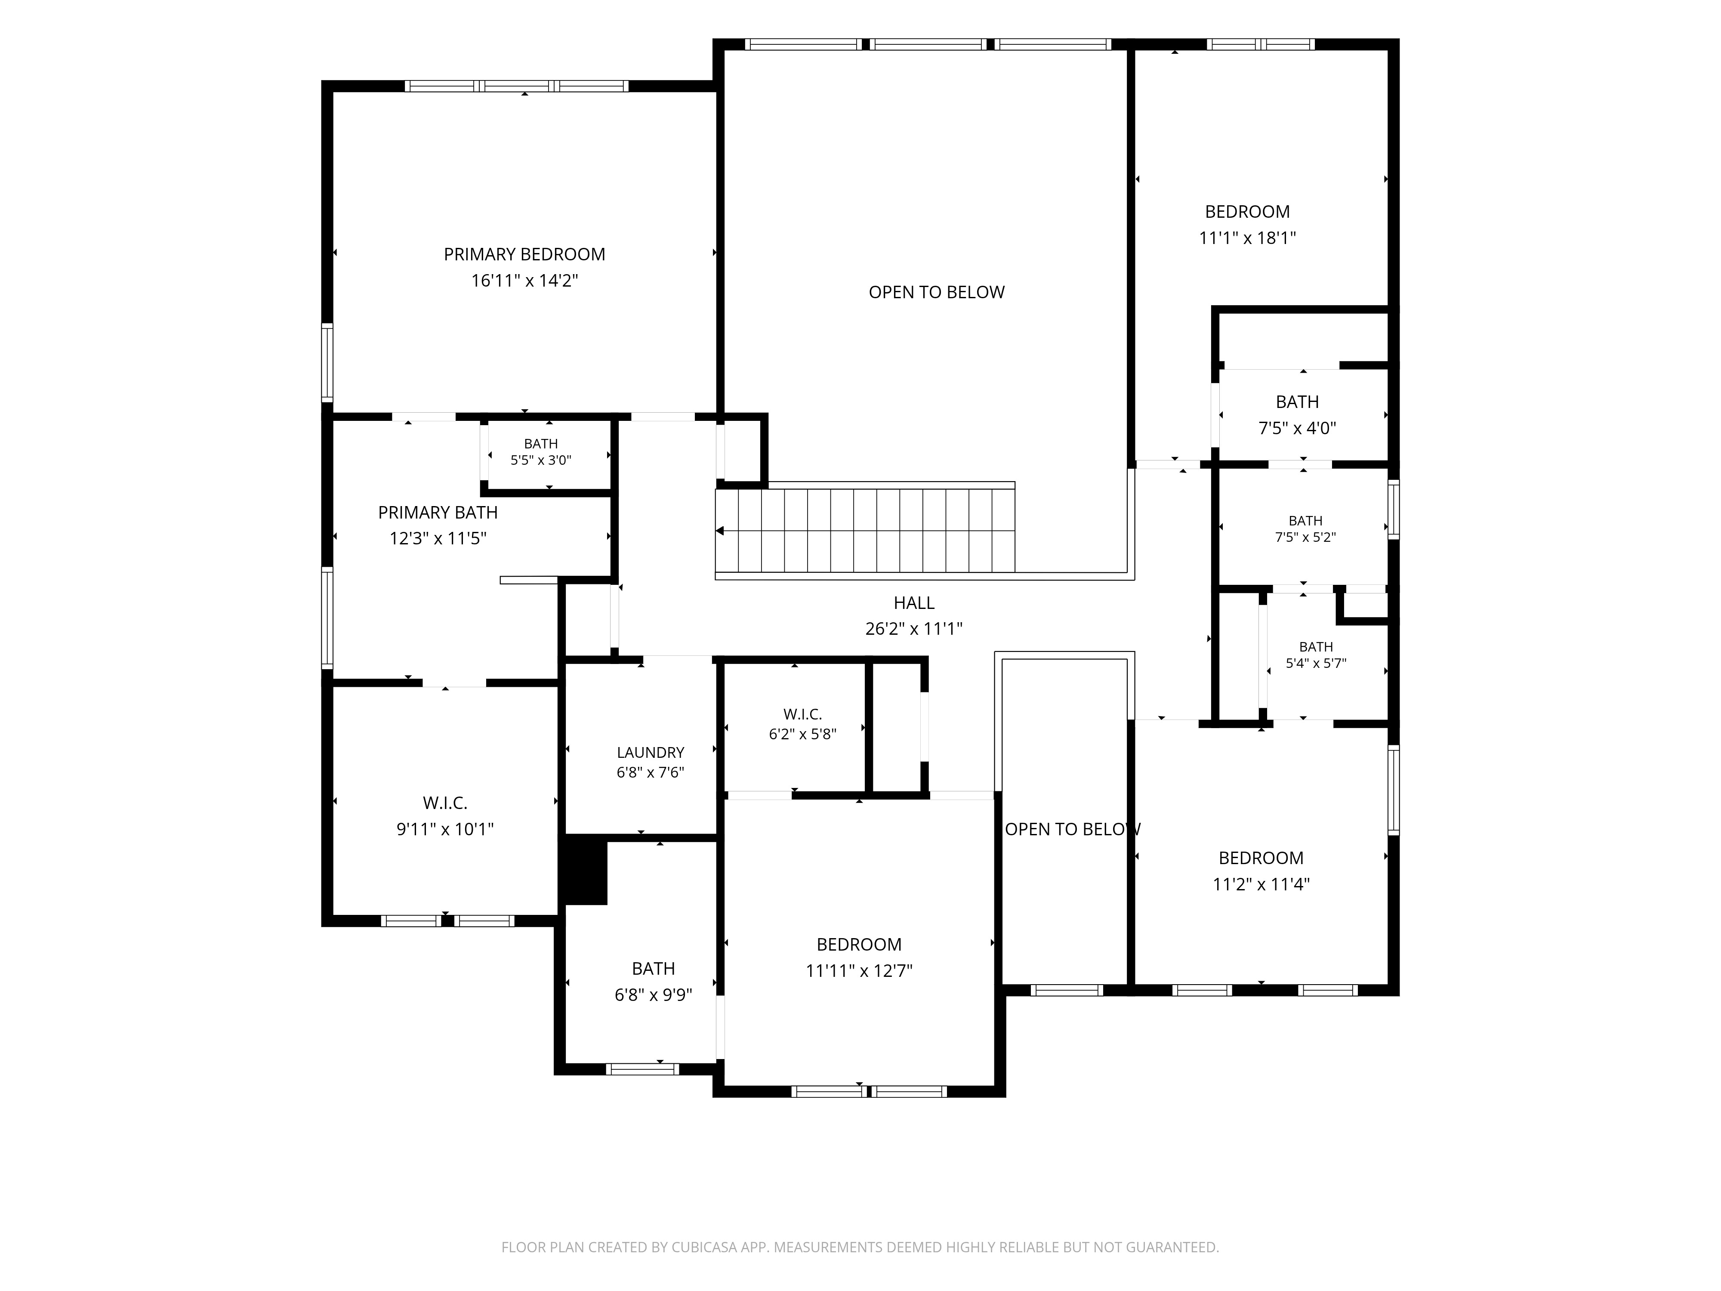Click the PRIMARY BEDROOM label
coord(524,254)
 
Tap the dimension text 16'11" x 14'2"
coord(524,280)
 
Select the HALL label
coord(914,603)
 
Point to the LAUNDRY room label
coord(651,753)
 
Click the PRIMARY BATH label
coord(438,513)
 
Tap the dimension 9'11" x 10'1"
coord(445,830)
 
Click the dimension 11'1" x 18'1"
coord(1247,238)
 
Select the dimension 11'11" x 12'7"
coord(859,970)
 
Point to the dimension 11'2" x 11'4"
coord(1261,884)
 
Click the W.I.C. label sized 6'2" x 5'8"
coord(803,714)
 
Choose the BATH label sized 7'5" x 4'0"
coord(1297,402)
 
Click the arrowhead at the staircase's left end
coord(720,531)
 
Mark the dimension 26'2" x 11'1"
coord(914,629)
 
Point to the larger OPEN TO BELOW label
coord(937,293)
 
